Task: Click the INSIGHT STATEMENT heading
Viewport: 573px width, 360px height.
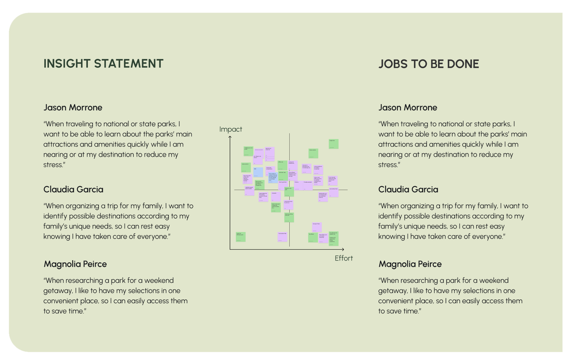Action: (103, 64)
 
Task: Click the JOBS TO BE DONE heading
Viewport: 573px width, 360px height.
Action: (428, 64)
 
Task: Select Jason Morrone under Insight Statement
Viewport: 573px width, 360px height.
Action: (73, 108)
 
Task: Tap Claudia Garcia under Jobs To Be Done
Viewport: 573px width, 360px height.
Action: (408, 189)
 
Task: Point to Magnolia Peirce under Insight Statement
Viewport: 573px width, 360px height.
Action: (75, 264)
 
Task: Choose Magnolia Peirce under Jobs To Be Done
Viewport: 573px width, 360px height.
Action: (410, 264)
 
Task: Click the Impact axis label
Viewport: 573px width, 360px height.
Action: (231, 129)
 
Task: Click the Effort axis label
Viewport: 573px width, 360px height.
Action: (344, 258)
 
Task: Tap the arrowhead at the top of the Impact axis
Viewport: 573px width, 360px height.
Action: (230, 137)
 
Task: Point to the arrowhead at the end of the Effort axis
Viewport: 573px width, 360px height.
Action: (343, 249)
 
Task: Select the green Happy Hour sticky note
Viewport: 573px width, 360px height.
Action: (334, 144)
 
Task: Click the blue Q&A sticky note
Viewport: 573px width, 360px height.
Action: (258, 172)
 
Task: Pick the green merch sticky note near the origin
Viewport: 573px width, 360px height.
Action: (241, 237)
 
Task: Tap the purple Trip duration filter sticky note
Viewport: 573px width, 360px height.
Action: (282, 237)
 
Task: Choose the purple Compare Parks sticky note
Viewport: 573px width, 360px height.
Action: (317, 227)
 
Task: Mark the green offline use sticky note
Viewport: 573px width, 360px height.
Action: (282, 166)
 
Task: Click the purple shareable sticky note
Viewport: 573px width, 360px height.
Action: (276, 197)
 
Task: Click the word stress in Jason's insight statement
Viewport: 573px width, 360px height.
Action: (54, 165)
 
